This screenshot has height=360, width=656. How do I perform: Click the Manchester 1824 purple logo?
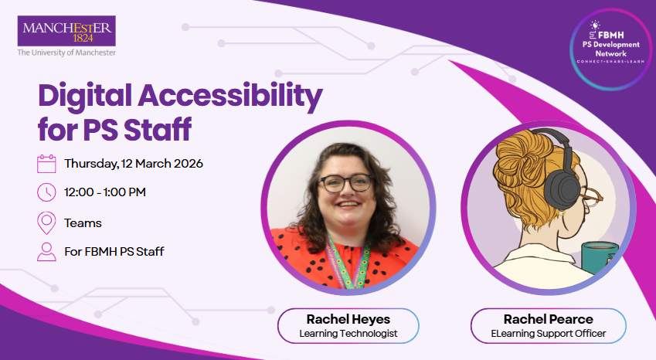tap(66, 31)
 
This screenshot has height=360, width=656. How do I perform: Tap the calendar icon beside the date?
tap(46, 164)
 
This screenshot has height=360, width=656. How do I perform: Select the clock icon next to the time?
tap(46, 192)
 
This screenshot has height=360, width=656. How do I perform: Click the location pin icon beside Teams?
tap(46, 222)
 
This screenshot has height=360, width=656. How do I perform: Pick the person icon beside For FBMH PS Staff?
tap(46, 252)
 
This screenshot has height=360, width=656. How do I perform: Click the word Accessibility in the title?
tap(230, 96)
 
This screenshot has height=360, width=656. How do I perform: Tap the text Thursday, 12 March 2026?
tap(134, 164)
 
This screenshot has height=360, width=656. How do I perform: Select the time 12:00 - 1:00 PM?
tap(105, 192)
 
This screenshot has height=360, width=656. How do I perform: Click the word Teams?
tap(83, 222)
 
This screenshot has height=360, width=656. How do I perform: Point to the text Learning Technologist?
tap(348, 334)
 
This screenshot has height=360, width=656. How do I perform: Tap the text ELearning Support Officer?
tap(548, 334)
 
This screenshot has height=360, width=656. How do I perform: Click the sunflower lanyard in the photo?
tap(349, 263)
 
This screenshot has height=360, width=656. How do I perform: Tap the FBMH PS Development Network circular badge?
tap(611, 49)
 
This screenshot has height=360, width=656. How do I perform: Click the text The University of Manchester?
tap(66, 53)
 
